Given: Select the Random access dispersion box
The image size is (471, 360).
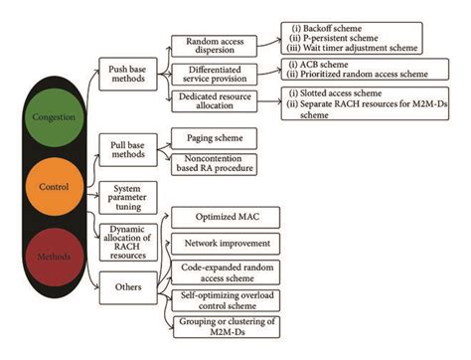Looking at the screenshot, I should (x=212, y=47).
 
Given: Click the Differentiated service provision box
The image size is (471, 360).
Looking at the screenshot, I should (x=212, y=76).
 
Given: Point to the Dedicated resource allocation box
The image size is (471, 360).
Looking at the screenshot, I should (x=212, y=104).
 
